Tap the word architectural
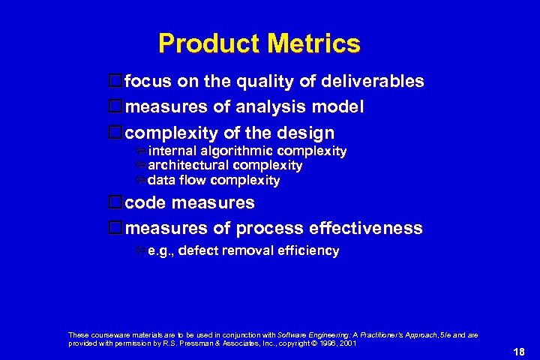click(x=188, y=166)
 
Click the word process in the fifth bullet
click(x=266, y=228)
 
